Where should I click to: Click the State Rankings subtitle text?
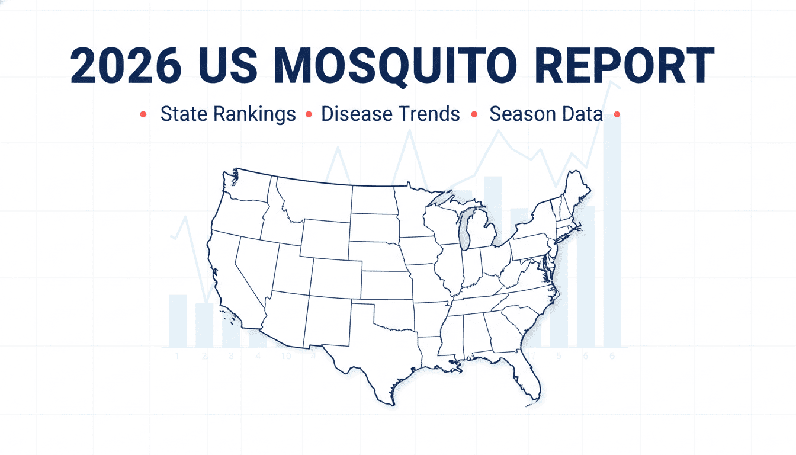[228, 114]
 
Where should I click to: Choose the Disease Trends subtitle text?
[390, 114]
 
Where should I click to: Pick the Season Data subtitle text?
[545, 114]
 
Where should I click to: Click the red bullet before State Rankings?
[143, 114]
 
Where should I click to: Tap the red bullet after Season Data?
[618, 114]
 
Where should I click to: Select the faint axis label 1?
[177, 356]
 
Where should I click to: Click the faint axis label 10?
[286, 356]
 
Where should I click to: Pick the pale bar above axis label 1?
[178, 320]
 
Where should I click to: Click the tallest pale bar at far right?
[612, 231]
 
